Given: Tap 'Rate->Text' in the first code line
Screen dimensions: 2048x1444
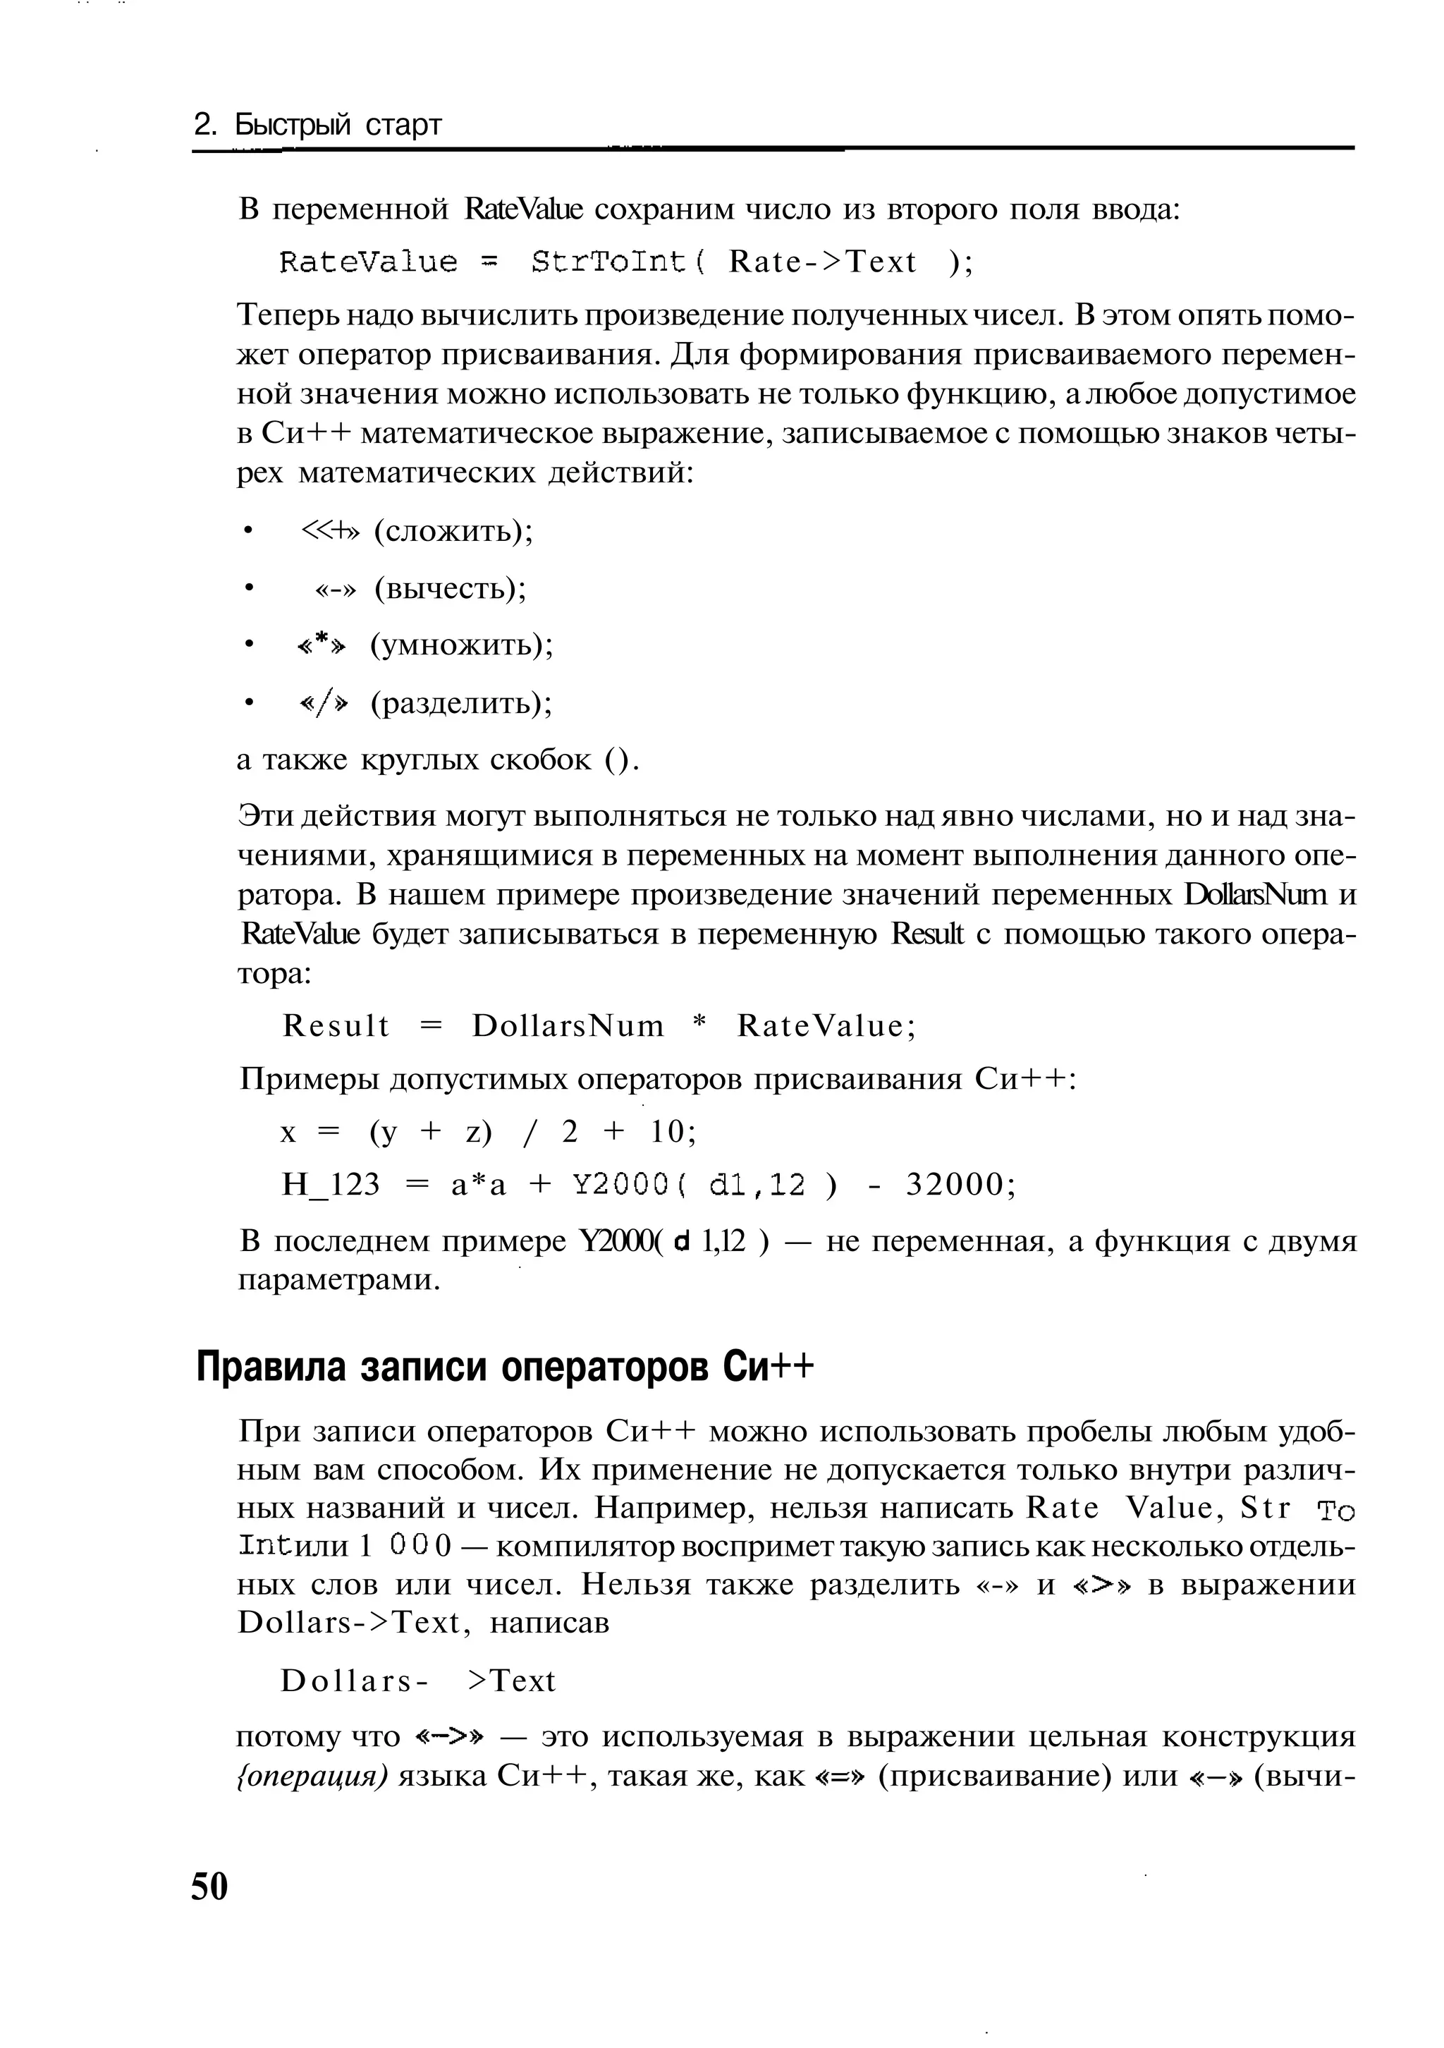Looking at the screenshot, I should pos(822,262).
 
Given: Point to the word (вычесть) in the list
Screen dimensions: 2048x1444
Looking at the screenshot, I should pos(451,589).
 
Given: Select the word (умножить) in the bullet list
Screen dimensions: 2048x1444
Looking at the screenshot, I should pos(462,645).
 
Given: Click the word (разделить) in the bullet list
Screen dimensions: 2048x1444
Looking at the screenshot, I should pos(462,703).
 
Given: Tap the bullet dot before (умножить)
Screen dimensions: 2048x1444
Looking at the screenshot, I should pos(250,645).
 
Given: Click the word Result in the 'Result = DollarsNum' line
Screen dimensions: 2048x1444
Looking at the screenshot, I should pos(336,1026).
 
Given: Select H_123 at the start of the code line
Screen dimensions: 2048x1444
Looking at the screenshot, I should pos(331,1185).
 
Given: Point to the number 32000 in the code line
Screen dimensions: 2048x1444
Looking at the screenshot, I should pos(959,1185).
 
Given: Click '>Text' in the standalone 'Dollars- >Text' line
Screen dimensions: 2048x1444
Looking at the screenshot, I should pos(511,1681).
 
